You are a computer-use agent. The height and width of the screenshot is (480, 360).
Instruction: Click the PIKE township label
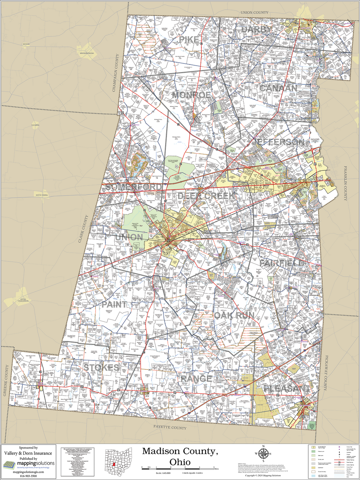coord(188,40)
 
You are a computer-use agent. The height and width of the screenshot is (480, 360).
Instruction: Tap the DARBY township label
coord(256,30)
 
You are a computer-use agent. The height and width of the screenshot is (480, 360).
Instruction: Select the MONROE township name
coord(191,95)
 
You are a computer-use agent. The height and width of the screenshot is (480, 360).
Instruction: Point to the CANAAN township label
coord(278,88)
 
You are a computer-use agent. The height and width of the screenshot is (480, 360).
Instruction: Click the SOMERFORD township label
coord(134,187)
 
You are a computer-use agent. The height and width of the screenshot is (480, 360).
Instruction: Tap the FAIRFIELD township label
coord(282,263)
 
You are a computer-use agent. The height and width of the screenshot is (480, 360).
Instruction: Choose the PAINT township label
coord(114,304)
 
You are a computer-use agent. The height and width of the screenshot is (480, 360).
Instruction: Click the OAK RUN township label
coord(234,315)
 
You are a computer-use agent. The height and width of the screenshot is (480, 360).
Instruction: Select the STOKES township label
coord(101,367)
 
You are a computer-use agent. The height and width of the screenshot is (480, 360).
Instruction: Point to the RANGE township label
coord(196,379)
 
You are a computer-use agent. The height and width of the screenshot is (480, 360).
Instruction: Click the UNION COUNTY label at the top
coord(255,13)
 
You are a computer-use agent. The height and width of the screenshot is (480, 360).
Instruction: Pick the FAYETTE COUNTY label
coord(170,427)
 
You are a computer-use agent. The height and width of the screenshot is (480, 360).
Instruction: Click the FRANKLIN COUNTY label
coord(345,184)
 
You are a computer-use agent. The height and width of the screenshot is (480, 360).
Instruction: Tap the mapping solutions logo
coord(28,465)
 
